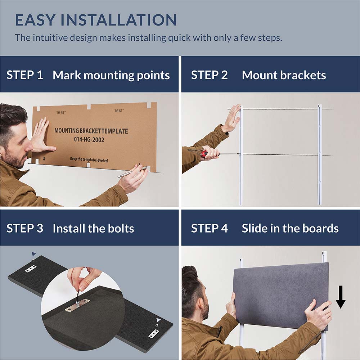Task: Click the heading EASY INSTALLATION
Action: [x=96, y=20]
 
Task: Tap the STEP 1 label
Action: [x=25, y=75]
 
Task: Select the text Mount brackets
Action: [x=284, y=75]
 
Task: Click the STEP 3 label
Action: [x=25, y=228]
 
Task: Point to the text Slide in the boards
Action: [x=290, y=228]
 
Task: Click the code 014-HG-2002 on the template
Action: [x=89, y=140]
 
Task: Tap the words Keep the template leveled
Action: [x=89, y=159]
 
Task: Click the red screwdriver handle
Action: [x=204, y=154]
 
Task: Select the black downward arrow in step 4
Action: [x=341, y=297]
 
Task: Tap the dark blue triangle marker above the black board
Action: [x=34, y=254]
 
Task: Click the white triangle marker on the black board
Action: [x=158, y=320]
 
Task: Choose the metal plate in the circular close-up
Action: [x=77, y=305]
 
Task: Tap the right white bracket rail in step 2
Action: [x=320, y=155]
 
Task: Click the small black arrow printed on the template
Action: [x=44, y=159]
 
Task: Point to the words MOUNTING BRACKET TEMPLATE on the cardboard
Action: [x=91, y=131]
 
